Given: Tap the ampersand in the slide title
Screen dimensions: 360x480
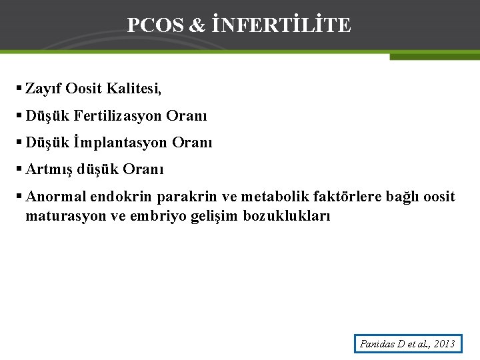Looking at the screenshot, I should tap(197, 25).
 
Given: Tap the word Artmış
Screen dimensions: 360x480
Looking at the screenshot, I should tap(49, 169).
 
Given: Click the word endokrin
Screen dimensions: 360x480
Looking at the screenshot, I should tap(116, 197).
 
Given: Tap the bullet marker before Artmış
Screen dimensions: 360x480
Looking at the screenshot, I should tap(19, 169).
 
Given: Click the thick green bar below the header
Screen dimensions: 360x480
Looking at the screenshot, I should tap(434, 57).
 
